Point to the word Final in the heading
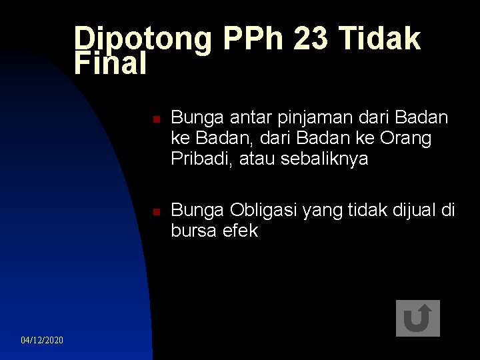point(110,64)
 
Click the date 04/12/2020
point(42,341)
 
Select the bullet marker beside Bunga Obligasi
point(154,213)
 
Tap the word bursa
point(193,231)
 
